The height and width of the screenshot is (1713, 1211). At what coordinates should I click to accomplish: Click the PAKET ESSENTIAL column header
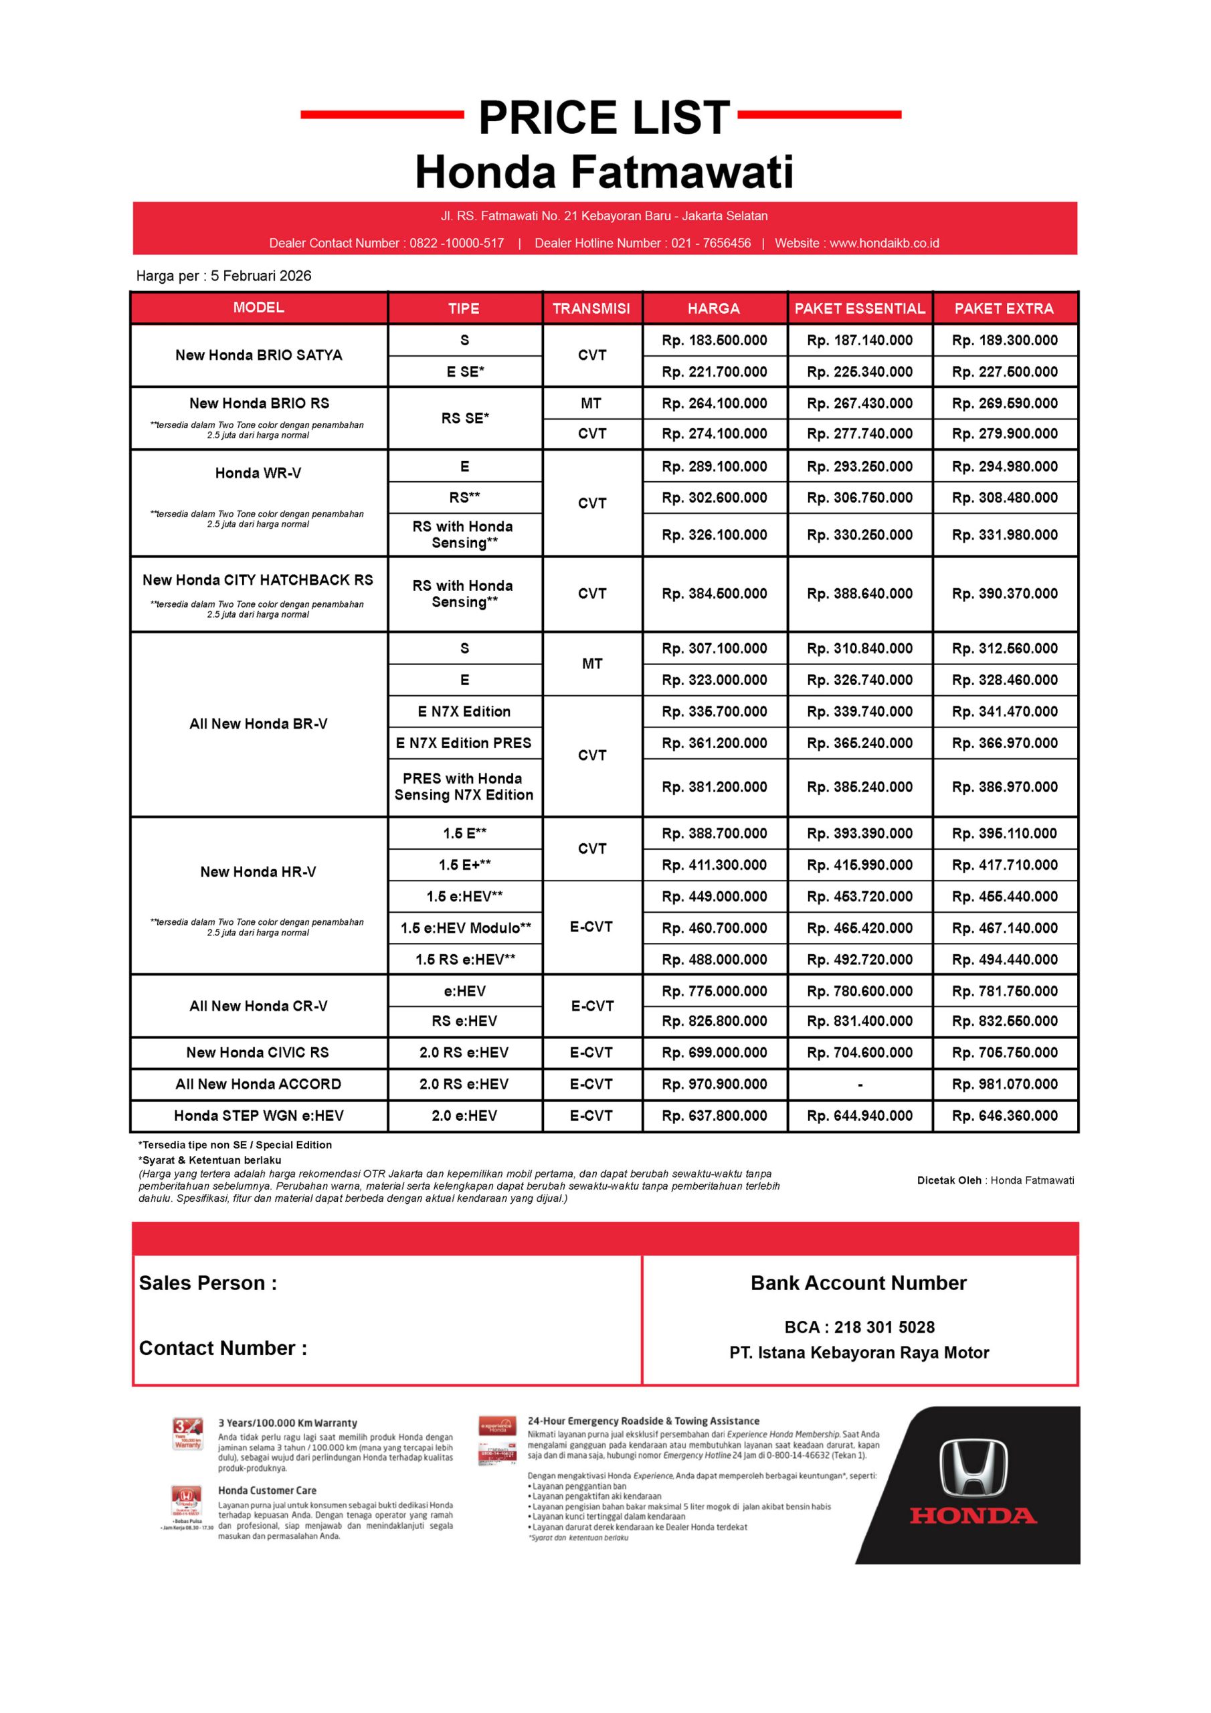point(859,308)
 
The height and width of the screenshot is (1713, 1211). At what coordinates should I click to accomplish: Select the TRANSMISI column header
point(591,308)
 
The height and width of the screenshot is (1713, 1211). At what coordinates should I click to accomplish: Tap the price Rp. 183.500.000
point(714,340)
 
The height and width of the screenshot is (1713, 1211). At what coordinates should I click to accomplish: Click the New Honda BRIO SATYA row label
point(258,355)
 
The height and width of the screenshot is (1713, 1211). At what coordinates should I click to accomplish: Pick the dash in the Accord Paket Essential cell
point(860,1085)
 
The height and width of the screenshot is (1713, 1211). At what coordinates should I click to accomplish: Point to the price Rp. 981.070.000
point(1004,1084)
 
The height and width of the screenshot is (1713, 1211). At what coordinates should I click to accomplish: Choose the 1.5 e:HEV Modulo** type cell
point(465,928)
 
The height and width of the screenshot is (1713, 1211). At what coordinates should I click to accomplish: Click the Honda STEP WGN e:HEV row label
point(258,1115)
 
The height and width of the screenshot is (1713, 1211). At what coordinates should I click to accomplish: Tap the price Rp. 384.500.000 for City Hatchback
point(714,594)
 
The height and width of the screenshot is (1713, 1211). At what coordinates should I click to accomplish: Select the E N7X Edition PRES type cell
point(464,743)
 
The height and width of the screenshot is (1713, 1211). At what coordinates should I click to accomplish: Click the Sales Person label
point(207,1283)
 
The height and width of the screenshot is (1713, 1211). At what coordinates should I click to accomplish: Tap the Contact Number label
point(222,1348)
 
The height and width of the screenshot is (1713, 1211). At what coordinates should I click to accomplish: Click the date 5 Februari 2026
point(260,276)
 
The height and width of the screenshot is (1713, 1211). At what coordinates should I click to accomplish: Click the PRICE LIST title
point(603,118)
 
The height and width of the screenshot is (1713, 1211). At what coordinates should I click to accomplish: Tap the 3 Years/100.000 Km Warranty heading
point(287,1423)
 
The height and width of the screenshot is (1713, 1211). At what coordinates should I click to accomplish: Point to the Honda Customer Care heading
point(267,1491)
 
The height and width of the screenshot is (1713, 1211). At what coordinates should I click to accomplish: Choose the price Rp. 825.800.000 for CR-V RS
point(714,1020)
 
